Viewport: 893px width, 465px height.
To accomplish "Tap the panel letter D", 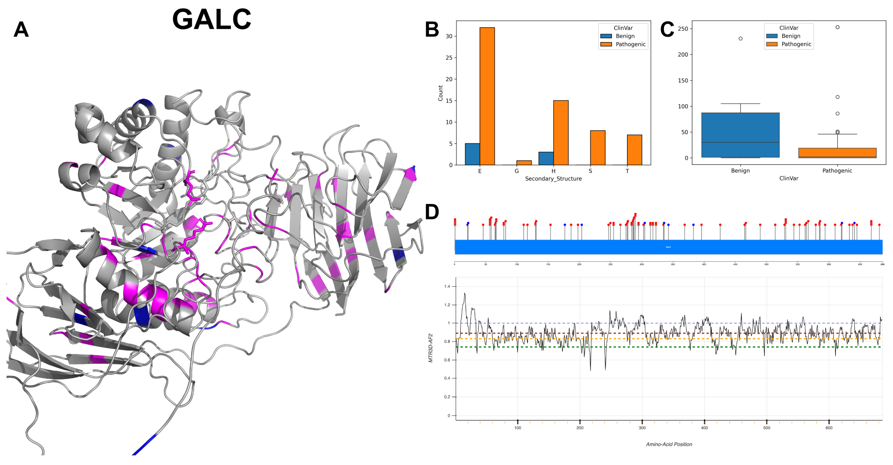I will click(x=432, y=212).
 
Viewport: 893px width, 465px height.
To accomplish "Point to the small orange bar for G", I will click(x=524, y=162).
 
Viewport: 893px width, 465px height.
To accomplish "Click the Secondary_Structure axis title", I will click(x=553, y=179).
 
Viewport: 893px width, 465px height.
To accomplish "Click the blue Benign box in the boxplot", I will click(x=740, y=135).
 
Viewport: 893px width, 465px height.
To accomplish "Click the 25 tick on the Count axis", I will click(x=449, y=58).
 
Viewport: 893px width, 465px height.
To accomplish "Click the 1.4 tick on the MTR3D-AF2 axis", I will click(x=447, y=286).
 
